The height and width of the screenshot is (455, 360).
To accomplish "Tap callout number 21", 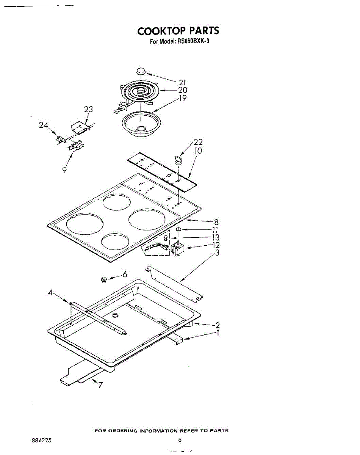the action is [x=183, y=83].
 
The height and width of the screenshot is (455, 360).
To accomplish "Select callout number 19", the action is [x=183, y=98].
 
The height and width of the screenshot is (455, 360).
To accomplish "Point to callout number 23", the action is [x=88, y=110].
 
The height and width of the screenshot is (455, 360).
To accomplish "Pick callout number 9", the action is [x=65, y=171].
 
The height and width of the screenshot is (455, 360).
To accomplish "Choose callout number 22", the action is [x=198, y=143].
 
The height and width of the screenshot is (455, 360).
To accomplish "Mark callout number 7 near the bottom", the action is [x=100, y=386].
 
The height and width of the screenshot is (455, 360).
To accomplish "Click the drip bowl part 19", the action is [x=141, y=123].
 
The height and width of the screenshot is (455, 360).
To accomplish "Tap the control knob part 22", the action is [x=178, y=158].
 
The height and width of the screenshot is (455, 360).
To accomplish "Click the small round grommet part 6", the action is [x=103, y=280].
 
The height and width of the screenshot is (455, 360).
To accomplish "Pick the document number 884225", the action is [x=42, y=441].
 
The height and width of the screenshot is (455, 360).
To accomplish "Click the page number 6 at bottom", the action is [x=180, y=440].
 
